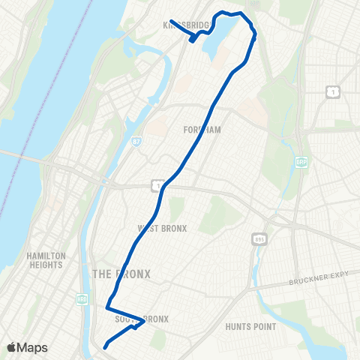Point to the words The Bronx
click(121, 274)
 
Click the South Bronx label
click(142, 319)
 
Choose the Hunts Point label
click(250, 327)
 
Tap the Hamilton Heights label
click(46, 260)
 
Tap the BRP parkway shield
click(301, 162)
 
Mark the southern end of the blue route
click(105, 346)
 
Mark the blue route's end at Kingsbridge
click(171, 21)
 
